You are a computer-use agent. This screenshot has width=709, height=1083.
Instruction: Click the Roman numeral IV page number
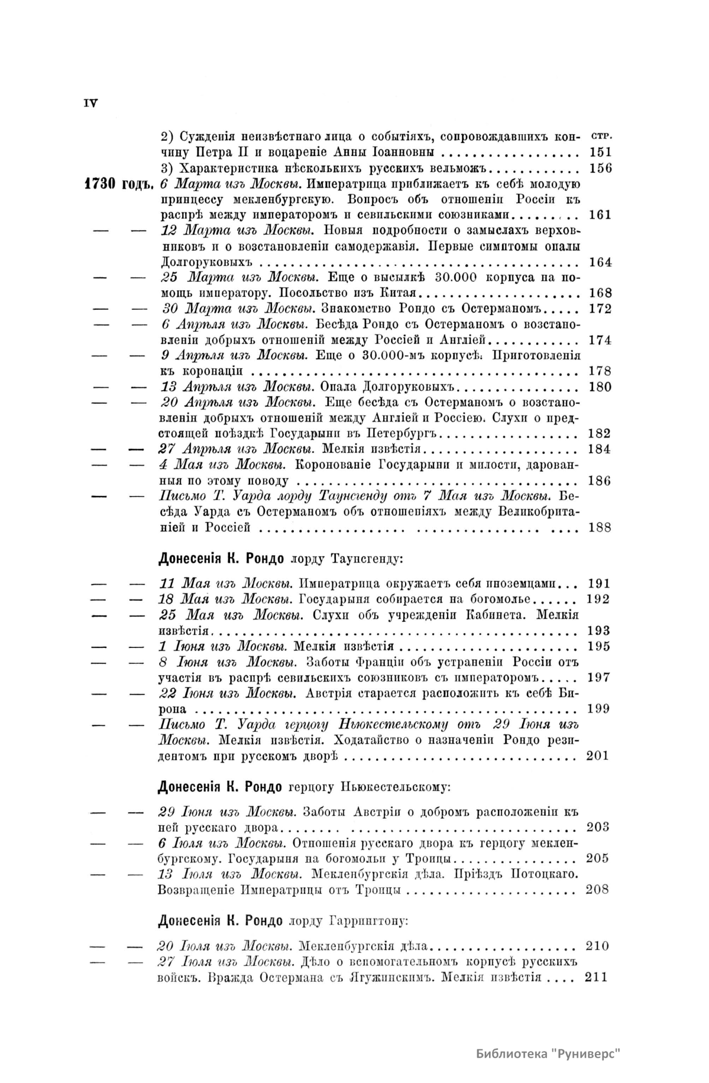(x=90, y=103)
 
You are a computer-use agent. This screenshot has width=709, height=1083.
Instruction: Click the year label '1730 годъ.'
(x=119, y=184)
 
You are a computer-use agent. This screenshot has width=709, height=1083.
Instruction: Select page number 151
(x=600, y=152)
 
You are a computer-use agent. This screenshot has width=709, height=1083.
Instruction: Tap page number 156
(x=600, y=168)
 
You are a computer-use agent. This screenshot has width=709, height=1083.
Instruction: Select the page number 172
(x=600, y=309)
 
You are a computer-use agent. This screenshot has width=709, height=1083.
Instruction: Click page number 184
(x=600, y=449)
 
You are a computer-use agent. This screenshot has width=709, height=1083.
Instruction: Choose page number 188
(x=600, y=527)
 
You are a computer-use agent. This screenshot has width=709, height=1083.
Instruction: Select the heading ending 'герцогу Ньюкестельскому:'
(x=304, y=787)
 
